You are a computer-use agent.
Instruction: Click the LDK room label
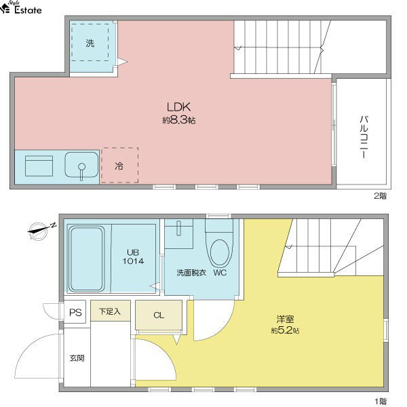click(x=178, y=107)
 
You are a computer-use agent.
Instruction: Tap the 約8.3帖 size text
click(x=179, y=120)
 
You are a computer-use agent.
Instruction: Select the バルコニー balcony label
click(x=364, y=137)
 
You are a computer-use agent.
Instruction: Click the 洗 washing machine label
click(x=90, y=43)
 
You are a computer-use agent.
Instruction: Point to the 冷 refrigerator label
click(x=119, y=166)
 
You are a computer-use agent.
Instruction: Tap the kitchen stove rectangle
click(x=39, y=166)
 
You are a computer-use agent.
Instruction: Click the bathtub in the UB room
click(x=86, y=259)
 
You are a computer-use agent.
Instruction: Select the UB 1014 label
click(x=133, y=256)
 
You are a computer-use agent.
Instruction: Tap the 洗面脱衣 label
click(x=191, y=273)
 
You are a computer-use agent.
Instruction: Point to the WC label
click(x=220, y=273)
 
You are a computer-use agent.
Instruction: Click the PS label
click(x=75, y=313)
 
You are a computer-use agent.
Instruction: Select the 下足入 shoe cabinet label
click(x=110, y=311)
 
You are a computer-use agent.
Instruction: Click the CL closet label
click(x=159, y=315)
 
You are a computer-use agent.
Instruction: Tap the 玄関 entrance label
click(x=77, y=358)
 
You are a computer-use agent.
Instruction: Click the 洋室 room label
click(x=286, y=319)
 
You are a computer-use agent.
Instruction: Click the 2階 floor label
click(x=381, y=196)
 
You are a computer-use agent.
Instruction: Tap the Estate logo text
click(x=28, y=10)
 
